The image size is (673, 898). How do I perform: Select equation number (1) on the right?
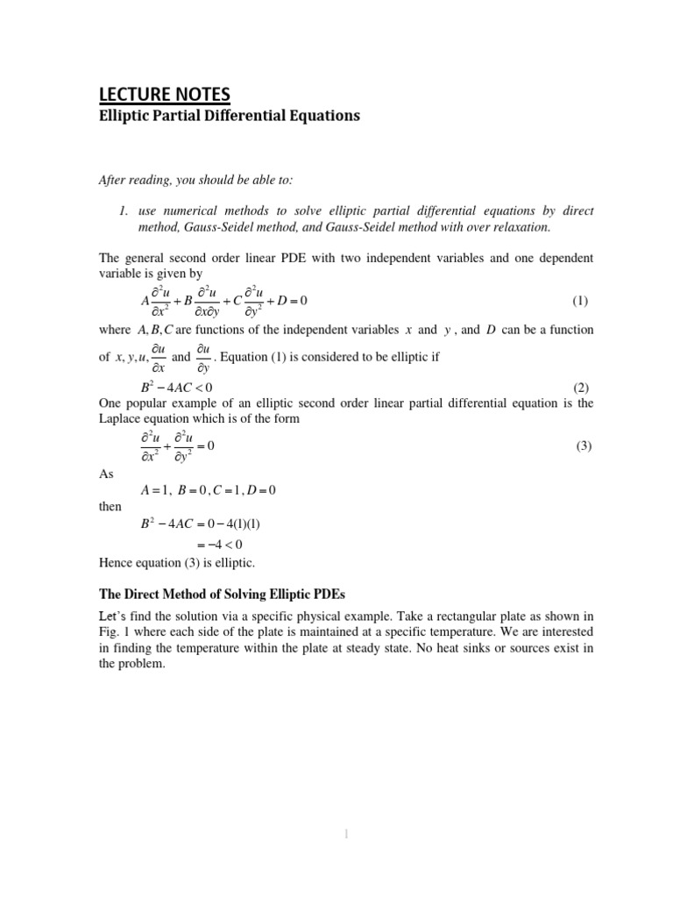[580, 301]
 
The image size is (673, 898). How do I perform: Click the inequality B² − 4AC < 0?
[176, 388]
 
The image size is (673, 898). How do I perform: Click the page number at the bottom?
[347, 836]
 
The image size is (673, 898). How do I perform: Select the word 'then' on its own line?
[110, 507]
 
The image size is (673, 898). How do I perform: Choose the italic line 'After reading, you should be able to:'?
[196, 180]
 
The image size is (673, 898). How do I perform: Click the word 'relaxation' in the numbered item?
[518, 227]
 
